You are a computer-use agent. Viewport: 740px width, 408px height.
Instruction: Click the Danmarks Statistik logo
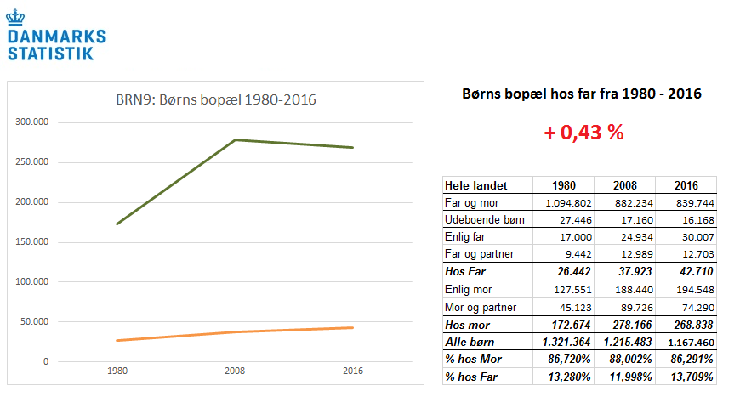[x=56, y=37]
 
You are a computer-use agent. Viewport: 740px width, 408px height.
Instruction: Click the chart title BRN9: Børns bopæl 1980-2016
[x=215, y=100]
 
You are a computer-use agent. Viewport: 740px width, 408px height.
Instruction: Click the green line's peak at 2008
[x=234, y=139]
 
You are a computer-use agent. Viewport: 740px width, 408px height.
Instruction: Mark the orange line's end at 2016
[x=352, y=328]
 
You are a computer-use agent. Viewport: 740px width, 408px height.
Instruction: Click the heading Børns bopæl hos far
[x=581, y=94]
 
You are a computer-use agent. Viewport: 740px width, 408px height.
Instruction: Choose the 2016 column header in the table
[x=686, y=185]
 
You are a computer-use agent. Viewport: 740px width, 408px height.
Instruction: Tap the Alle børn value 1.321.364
[x=562, y=342]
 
